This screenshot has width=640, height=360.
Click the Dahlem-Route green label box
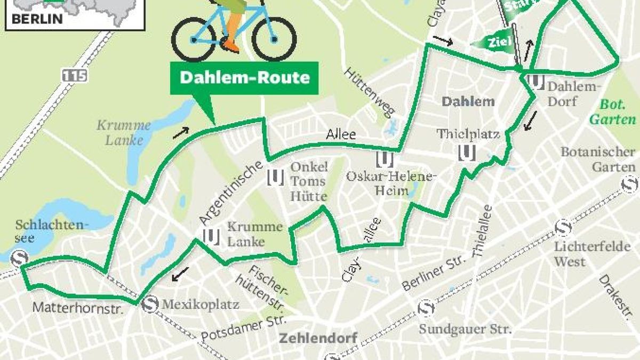pyautogui.click(x=244, y=78)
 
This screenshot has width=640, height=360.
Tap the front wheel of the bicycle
pyautogui.click(x=273, y=38)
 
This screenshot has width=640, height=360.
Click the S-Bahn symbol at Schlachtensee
pyautogui.click(x=20, y=258)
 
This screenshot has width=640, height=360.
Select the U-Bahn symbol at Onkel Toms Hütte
pyautogui.click(x=275, y=177)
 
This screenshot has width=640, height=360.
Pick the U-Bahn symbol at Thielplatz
pyautogui.click(x=467, y=153)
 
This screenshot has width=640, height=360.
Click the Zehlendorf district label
pyautogui.click(x=318, y=338)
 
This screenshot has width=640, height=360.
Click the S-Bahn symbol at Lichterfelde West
pyautogui.click(x=563, y=228)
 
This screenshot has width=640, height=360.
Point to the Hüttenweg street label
pyautogui.click(x=369, y=92)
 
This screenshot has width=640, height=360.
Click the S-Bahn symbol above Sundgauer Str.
pyautogui.click(x=426, y=308)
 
